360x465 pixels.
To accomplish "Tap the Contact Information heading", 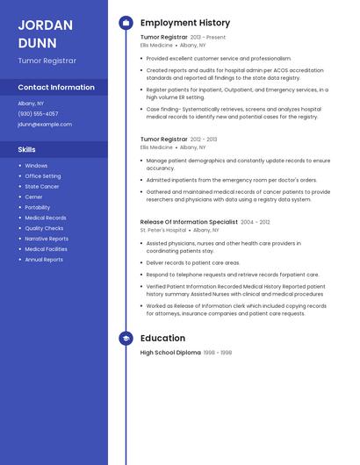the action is click(x=56, y=88).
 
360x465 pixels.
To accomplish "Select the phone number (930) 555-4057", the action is click(x=38, y=113).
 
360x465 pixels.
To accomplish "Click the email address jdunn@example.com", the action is click(x=45, y=125).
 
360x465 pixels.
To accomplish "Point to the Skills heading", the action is click(x=26, y=150).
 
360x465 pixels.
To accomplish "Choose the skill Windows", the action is click(x=36, y=166).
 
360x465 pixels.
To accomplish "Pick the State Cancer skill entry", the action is click(x=42, y=187).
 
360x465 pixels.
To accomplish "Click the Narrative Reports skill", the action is click(x=47, y=239).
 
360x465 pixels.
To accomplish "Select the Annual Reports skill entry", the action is click(x=44, y=260).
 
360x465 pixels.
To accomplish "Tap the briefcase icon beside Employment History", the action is click(x=126, y=23).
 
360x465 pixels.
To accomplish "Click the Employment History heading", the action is click(x=185, y=23).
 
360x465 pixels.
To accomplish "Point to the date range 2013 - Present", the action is click(x=208, y=38).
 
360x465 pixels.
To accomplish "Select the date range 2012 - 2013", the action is click(x=204, y=139).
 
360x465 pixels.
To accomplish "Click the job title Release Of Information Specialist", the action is click(x=189, y=223).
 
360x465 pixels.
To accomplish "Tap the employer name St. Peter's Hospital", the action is click(x=163, y=230).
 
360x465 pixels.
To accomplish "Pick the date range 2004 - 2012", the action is click(x=256, y=223).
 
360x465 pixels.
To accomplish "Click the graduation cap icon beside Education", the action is click(x=126, y=338).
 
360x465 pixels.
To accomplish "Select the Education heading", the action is click(x=162, y=338).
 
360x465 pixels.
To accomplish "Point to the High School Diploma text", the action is click(x=170, y=353).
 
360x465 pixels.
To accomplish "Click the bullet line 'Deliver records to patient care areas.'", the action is click(x=193, y=262).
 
